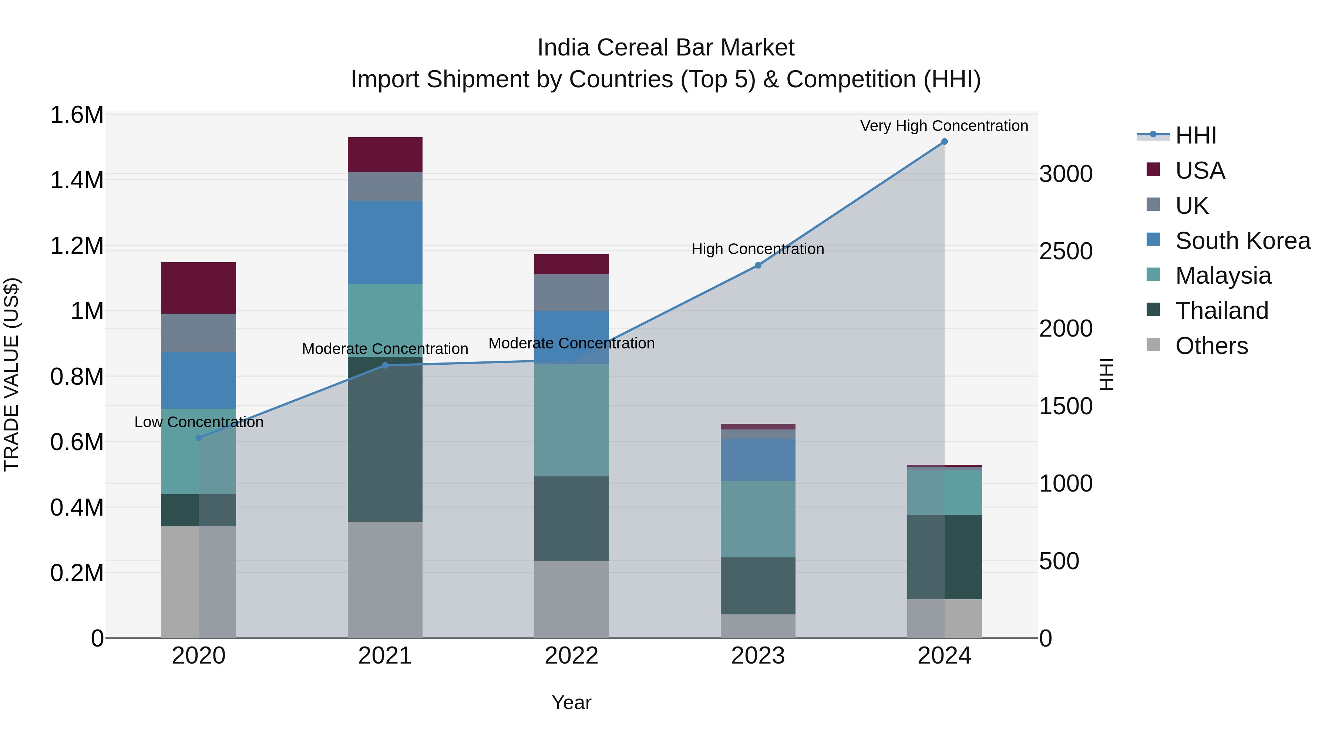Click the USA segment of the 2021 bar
coord(385,155)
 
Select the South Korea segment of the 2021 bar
coord(385,242)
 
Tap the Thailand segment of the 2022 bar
coord(571,519)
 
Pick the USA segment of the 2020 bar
coord(199,288)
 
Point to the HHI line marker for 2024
coord(944,142)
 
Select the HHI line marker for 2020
coord(199,438)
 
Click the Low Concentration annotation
coord(199,422)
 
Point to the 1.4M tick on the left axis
coord(77,181)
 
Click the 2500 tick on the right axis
coord(1066,252)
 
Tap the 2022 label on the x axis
coord(571,656)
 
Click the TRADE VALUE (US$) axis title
coord(11,374)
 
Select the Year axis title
coord(571,702)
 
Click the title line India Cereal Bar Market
coord(666,48)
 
